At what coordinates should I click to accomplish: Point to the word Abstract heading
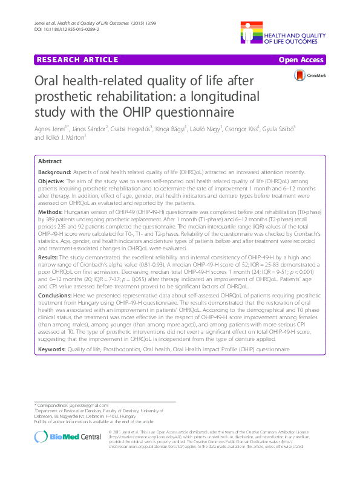pos(49,161)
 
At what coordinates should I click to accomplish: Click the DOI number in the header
pos(67,29)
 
